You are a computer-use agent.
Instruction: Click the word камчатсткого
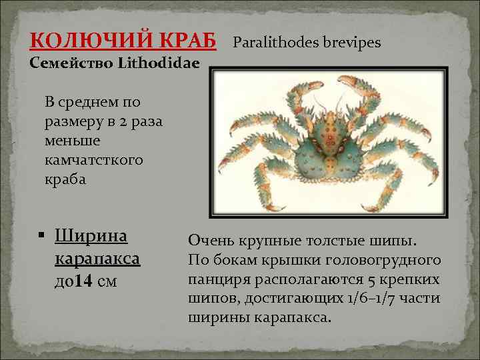(x=94, y=161)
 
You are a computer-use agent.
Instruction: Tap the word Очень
(x=210, y=239)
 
